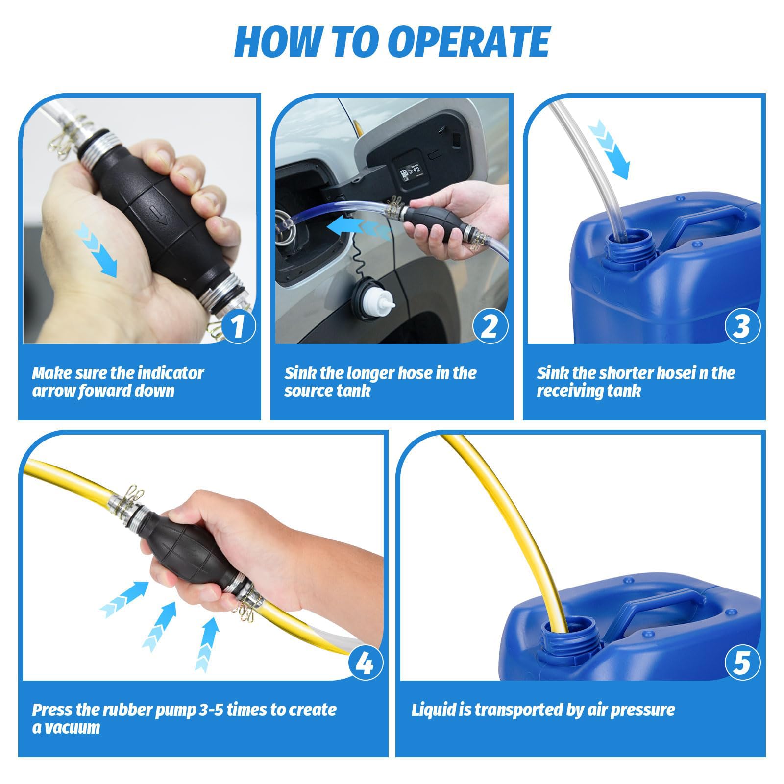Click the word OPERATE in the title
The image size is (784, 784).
pos(469,42)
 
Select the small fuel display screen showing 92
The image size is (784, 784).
pos(411,171)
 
